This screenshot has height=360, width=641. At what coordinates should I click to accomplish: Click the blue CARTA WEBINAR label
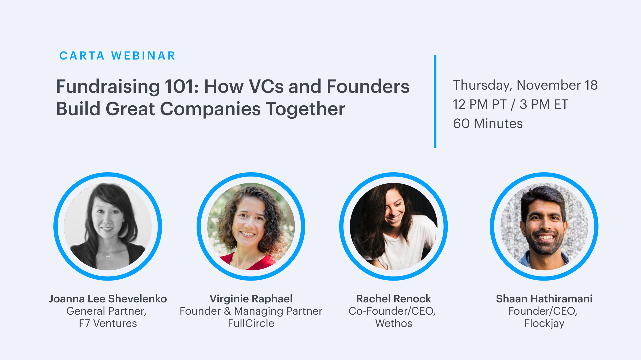click(x=117, y=56)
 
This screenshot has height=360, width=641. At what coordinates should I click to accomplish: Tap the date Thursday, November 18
click(x=525, y=85)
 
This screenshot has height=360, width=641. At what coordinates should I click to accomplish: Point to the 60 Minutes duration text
click(x=488, y=123)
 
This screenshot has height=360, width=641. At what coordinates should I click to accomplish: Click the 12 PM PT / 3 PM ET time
click(x=510, y=104)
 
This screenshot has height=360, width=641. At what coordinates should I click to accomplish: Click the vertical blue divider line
click(x=435, y=102)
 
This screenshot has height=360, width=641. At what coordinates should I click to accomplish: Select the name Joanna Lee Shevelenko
click(x=108, y=299)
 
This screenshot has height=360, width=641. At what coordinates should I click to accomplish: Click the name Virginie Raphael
click(x=251, y=299)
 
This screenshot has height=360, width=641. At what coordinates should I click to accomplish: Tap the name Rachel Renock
click(x=394, y=299)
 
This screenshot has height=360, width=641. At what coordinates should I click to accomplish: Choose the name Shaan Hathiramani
click(x=544, y=299)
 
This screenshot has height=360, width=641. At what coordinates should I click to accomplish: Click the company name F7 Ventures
click(x=108, y=323)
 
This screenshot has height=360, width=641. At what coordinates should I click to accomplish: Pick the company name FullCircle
click(x=251, y=323)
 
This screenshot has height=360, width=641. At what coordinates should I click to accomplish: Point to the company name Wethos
click(x=394, y=323)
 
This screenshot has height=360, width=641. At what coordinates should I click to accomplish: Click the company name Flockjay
click(x=544, y=323)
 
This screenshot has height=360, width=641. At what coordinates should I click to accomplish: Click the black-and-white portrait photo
click(x=108, y=226)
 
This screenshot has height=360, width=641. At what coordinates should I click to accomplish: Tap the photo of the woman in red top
click(x=251, y=226)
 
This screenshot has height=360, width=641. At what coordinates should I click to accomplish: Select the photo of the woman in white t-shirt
click(x=394, y=226)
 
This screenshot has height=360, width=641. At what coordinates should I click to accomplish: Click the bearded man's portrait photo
click(x=544, y=226)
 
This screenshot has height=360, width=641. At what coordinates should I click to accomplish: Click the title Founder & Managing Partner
click(x=251, y=311)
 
